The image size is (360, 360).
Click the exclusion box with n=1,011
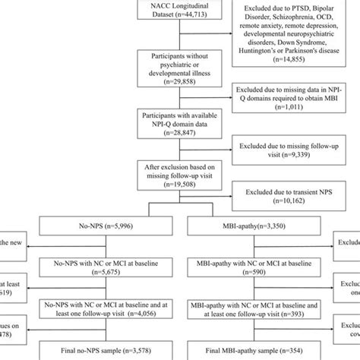coord(295,104)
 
